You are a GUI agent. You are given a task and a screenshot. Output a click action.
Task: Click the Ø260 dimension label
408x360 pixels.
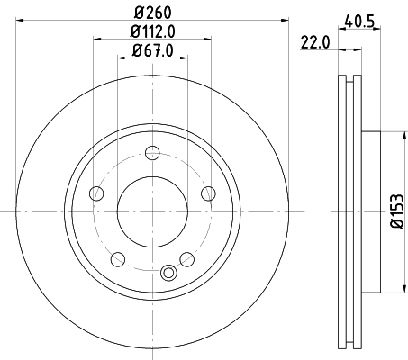pos(153,11)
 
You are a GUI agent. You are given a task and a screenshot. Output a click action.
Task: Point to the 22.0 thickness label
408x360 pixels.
pos(312,40)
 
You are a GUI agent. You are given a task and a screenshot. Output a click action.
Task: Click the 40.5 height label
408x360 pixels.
pos(360,17)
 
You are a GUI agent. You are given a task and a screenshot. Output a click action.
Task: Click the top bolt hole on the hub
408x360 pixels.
pos(152,157)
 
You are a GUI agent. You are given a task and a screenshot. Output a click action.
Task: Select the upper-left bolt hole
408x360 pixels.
pos(96,192)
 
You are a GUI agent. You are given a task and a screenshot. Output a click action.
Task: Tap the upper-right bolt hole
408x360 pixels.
pos(208,192)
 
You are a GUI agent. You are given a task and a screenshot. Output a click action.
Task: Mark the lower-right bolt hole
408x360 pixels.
pos(186,259)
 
